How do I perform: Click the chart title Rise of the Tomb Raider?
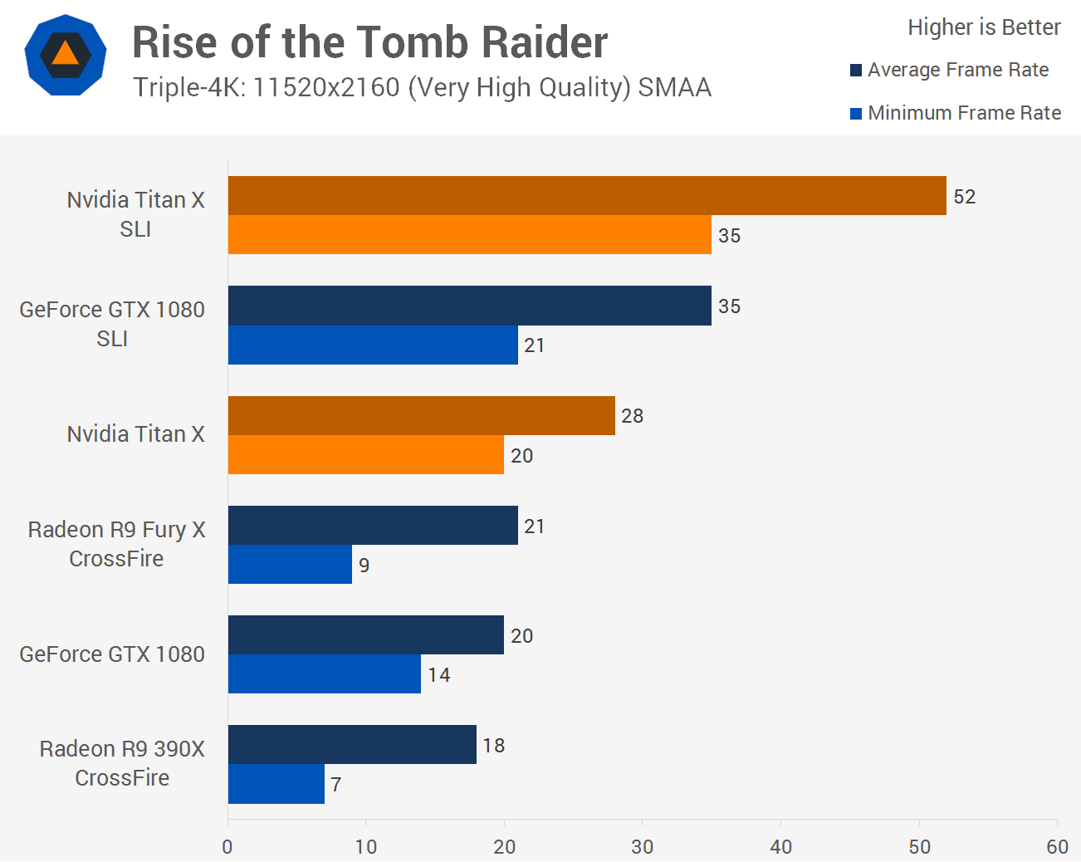point(369,42)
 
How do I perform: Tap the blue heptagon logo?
point(66,55)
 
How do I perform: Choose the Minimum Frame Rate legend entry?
point(956,113)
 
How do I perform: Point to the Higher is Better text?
point(984,27)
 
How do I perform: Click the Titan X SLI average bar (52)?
point(587,196)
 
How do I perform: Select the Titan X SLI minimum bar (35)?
point(469,235)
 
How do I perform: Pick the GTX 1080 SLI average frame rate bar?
point(469,306)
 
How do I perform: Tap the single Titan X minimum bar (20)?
point(365,455)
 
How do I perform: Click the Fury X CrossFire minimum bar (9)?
point(290,565)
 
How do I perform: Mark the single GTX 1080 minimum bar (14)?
point(324,674)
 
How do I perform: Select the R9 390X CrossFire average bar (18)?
point(352,745)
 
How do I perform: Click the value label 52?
point(964,197)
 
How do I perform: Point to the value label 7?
point(336,785)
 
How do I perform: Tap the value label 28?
point(632,416)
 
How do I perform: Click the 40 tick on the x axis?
point(780,847)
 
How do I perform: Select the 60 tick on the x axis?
point(1057,847)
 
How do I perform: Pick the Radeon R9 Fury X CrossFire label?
point(116,544)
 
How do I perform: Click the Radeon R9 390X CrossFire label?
point(122,763)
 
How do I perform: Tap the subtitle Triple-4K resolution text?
point(422,87)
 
